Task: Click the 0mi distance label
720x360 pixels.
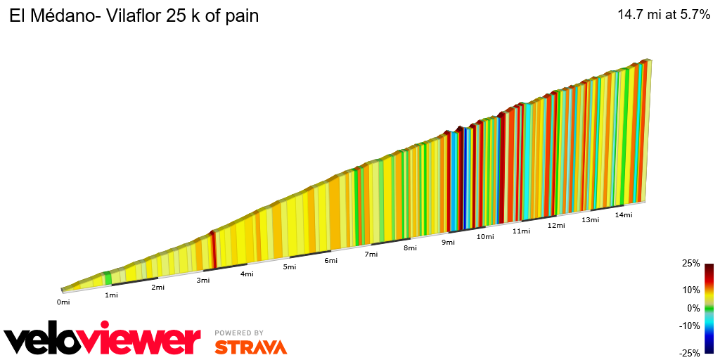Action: (63, 302)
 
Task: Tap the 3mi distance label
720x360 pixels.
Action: (203, 281)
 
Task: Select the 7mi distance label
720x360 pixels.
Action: (371, 255)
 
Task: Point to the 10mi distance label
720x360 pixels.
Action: (484, 237)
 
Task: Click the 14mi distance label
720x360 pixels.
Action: (624, 215)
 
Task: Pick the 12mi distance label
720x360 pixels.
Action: (556, 226)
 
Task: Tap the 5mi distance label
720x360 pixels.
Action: (289, 267)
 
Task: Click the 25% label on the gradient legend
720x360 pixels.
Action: (691, 264)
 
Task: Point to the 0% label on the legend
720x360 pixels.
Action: (693, 308)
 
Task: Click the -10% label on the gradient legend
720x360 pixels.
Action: (690, 326)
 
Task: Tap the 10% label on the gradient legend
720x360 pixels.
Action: (691, 290)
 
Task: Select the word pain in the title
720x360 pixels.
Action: (240, 16)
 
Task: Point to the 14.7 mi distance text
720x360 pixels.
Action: (638, 15)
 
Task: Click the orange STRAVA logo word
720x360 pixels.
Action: (250, 347)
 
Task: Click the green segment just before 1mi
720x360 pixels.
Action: (108, 278)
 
